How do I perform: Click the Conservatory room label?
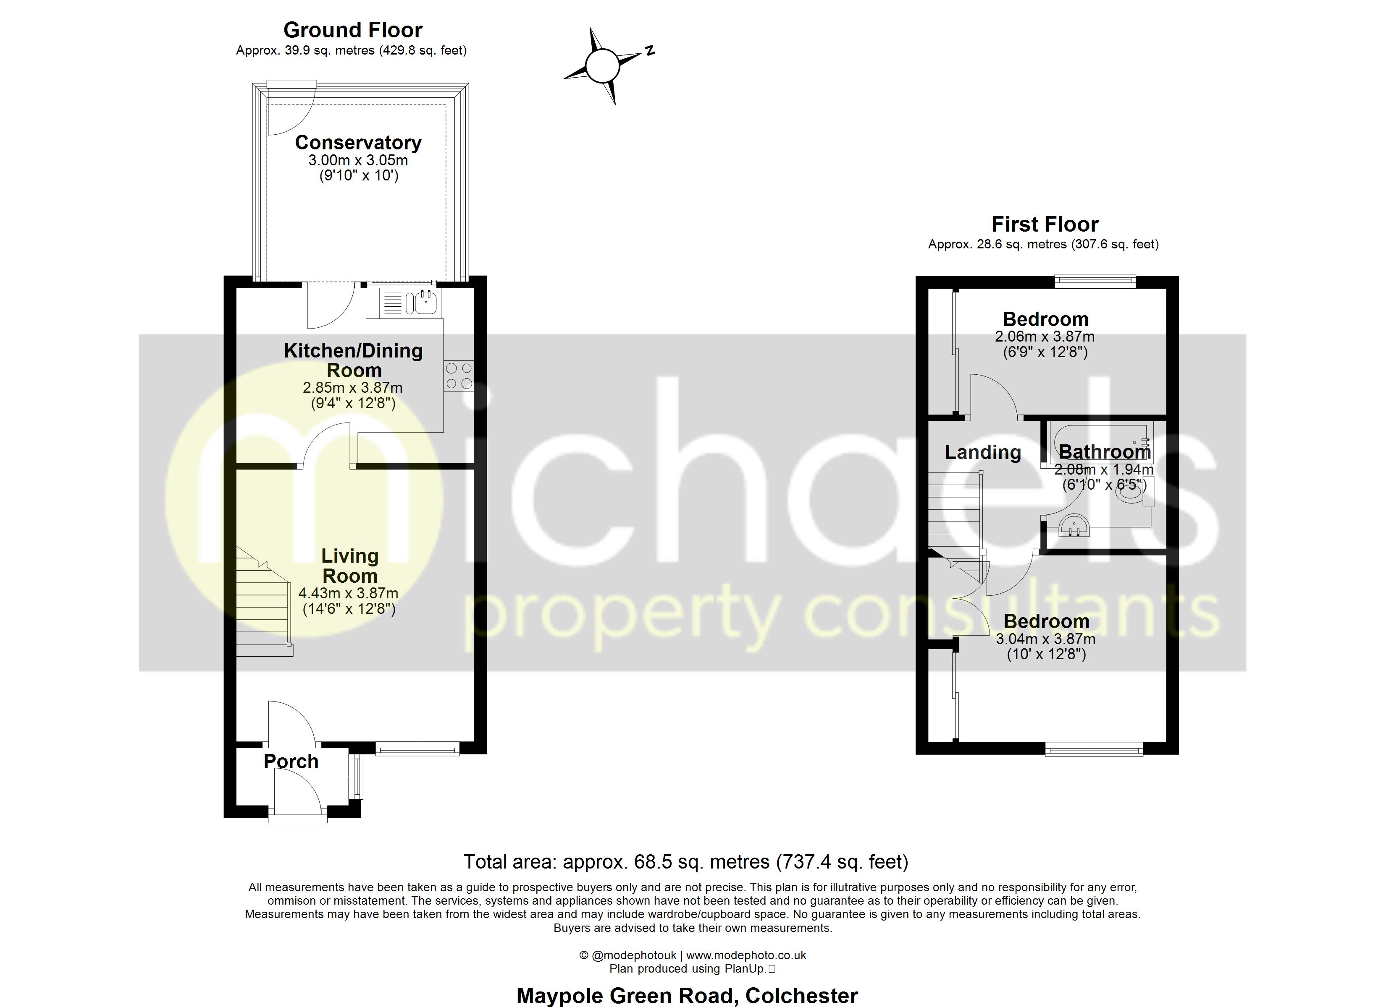358,142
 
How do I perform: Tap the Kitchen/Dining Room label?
353,360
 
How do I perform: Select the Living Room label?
349,566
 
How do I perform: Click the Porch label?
291,762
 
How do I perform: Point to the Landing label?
983,452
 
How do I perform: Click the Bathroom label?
1104,452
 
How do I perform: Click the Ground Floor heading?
353,30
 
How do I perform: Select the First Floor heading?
1045,224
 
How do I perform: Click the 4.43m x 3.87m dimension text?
348,593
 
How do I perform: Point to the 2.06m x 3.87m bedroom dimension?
1045,337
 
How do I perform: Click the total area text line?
686,862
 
